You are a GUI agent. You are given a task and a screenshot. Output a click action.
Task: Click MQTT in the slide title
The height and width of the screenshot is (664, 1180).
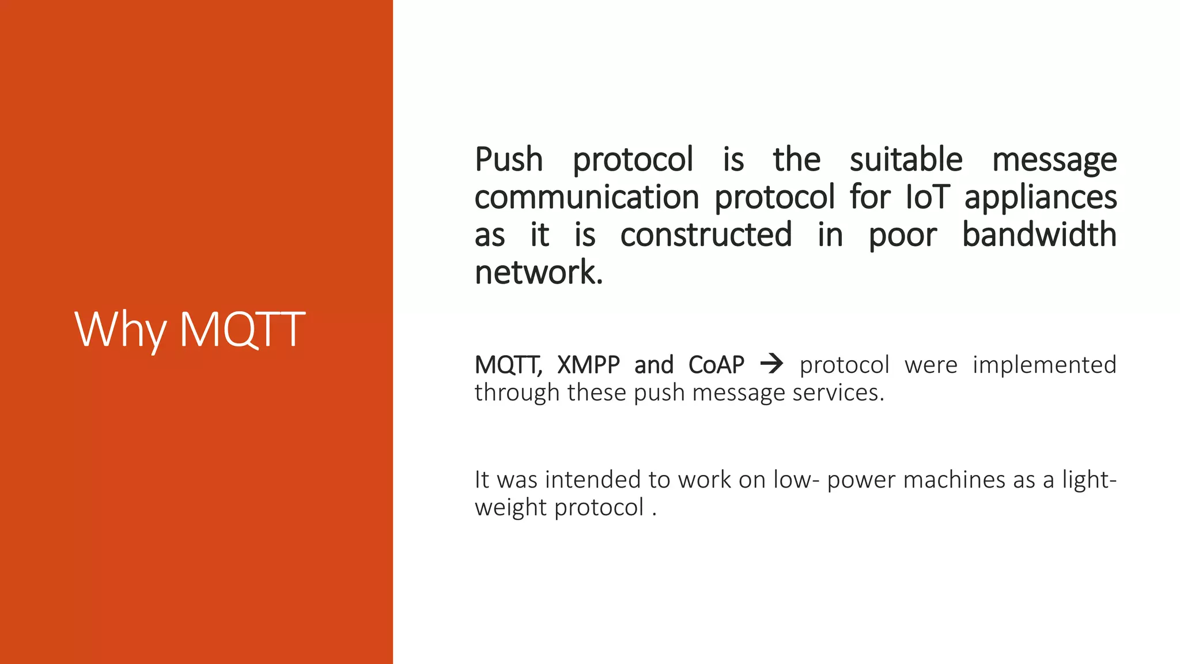pos(242,330)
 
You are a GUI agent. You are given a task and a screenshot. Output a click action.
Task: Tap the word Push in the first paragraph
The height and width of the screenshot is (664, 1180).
pos(509,160)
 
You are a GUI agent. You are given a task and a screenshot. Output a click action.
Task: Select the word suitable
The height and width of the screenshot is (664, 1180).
pos(906,160)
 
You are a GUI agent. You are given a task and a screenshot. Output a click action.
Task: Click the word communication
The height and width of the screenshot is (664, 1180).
pos(587,197)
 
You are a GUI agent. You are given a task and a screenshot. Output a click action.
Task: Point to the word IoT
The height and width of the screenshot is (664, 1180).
pos(927,197)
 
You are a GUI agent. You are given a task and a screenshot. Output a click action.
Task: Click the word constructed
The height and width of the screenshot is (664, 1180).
pos(706,235)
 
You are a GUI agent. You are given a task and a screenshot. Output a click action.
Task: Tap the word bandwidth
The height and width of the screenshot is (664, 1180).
pos(1039,235)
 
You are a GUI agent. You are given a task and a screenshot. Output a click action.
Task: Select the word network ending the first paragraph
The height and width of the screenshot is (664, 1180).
pos(536,272)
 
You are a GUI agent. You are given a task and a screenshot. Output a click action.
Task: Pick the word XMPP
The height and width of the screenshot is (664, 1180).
pos(588,365)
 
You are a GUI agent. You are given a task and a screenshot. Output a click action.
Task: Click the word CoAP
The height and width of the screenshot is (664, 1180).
pos(716,365)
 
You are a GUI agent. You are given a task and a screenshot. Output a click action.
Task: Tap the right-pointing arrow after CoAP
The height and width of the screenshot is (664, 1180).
pos(771,364)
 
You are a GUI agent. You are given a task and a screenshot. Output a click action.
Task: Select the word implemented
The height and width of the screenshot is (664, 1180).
pos(1044,365)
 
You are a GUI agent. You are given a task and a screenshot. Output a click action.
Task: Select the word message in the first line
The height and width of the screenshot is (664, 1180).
pos(1054,161)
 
